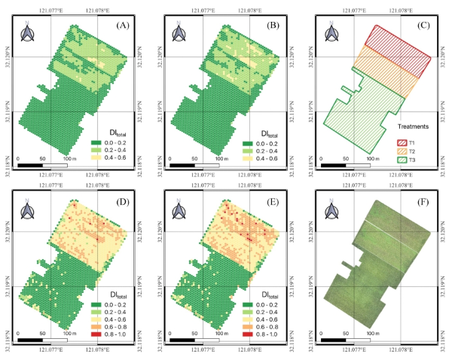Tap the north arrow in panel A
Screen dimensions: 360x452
pyautogui.click(x=28, y=34)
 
